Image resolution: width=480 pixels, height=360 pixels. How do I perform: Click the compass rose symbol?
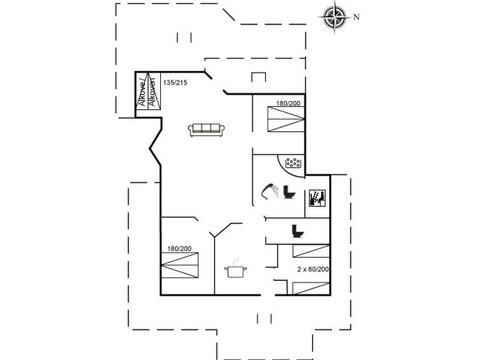click(334, 17)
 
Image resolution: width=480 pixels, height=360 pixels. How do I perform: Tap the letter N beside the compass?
click(357, 17)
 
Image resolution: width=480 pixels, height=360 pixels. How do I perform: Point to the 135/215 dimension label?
click(175, 83)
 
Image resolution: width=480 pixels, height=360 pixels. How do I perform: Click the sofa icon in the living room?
click(206, 130)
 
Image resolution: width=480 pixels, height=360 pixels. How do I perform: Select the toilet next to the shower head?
click(290, 192)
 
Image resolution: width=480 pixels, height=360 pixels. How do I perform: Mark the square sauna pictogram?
click(317, 198)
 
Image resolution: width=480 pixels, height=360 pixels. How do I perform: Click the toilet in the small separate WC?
click(296, 231)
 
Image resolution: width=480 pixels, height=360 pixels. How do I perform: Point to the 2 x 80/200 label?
click(313, 270)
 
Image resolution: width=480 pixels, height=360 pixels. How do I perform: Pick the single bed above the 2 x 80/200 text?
click(312, 251)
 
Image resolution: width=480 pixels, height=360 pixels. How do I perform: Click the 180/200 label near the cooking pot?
click(180, 249)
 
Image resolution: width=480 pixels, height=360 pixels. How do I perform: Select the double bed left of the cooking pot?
click(181, 266)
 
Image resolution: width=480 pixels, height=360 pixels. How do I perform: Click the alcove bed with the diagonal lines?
click(147, 93)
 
